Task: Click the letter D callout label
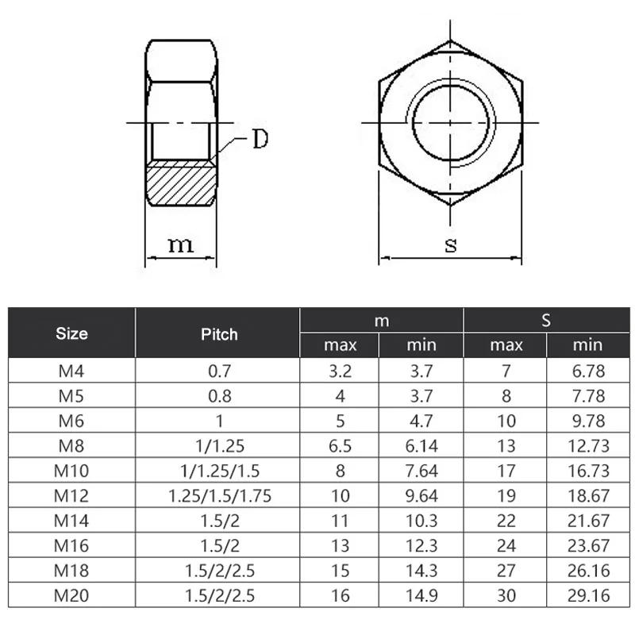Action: click(x=260, y=140)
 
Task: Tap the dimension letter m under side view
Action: click(x=181, y=244)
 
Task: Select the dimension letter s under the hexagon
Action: click(x=450, y=244)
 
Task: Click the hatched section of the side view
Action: click(x=181, y=183)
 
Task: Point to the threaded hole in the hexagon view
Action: click(x=450, y=123)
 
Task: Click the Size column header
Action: click(x=71, y=333)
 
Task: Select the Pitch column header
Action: click(x=219, y=333)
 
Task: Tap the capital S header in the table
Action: click(x=546, y=321)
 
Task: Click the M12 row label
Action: click(x=71, y=496)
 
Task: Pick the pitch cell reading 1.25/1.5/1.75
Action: click(x=220, y=496)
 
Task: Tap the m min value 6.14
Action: click(x=421, y=446)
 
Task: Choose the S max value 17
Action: click(x=506, y=471)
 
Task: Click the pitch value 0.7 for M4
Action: click(x=220, y=371)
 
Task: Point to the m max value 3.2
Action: click(x=340, y=371)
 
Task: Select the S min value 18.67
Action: click(x=588, y=496)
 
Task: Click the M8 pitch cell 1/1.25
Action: click(x=220, y=446)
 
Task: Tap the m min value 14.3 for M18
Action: click(x=421, y=571)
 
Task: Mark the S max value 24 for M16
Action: click(x=506, y=546)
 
